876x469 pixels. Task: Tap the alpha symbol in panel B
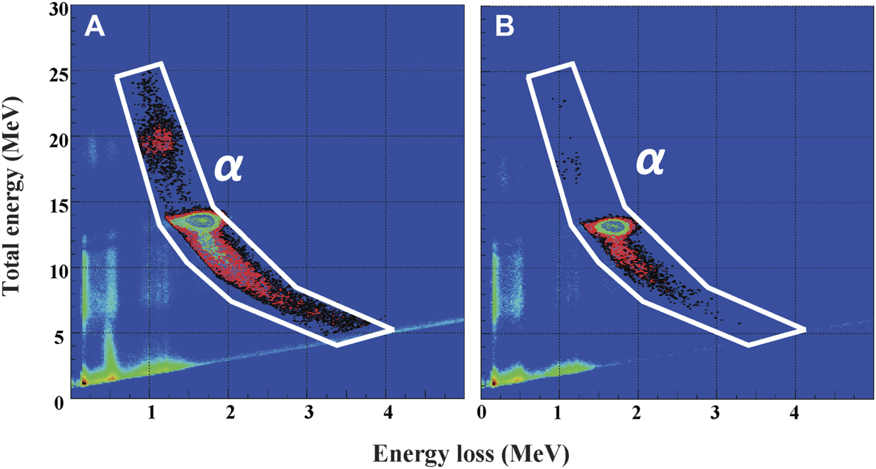(649, 162)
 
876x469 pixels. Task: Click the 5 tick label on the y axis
(59, 334)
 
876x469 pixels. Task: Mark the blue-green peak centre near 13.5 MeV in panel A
(202, 221)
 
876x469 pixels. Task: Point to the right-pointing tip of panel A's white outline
(392, 329)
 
